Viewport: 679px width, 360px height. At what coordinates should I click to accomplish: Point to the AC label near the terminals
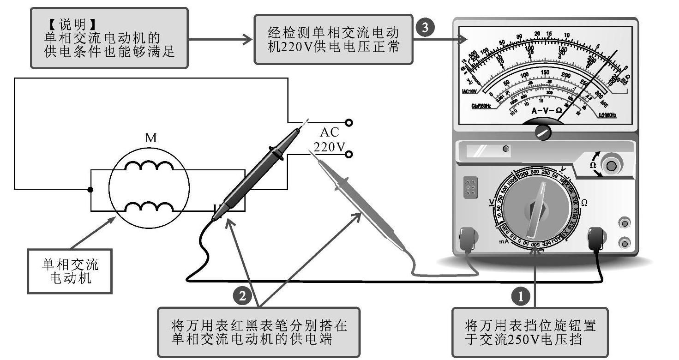click(330, 132)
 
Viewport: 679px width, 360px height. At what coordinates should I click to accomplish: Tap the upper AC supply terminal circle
click(349, 122)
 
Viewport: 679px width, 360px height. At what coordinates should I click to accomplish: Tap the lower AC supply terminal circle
click(349, 154)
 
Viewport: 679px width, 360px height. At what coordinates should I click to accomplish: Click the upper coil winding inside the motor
click(148, 168)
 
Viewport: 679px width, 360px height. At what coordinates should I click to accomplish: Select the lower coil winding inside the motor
click(148, 207)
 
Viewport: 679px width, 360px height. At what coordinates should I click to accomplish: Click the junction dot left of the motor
click(90, 189)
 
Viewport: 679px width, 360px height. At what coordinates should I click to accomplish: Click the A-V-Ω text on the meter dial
click(546, 111)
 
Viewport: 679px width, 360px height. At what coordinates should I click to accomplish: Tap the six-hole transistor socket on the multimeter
click(470, 188)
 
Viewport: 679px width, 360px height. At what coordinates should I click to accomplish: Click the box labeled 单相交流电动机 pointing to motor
click(70, 271)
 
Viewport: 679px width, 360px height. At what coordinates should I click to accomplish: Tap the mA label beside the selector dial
click(504, 241)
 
